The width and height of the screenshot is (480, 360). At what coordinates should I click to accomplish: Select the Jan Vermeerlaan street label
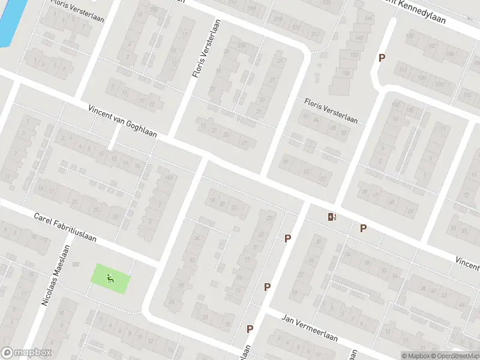(x=310, y=329)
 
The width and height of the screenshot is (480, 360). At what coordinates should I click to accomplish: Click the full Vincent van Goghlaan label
(x=122, y=121)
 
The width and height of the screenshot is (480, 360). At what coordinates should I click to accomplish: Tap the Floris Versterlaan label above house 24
(x=331, y=111)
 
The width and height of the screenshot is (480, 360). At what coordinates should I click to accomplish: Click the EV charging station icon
(x=332, y=217)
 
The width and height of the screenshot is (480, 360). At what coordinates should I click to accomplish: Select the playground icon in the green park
(x=109, y=278)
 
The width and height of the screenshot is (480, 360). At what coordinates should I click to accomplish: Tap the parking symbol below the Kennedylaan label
(x=381, y=58)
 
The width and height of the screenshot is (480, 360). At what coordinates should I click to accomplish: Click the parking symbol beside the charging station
(x=363, y=228)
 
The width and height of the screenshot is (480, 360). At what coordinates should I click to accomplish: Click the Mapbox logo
(x=26, y=353)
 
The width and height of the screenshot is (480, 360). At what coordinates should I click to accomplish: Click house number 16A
(x=169, y=177)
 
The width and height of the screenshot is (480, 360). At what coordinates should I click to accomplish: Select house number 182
(x=430, y=46)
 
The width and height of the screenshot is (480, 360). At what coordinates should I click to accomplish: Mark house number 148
(x=359, y=38)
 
